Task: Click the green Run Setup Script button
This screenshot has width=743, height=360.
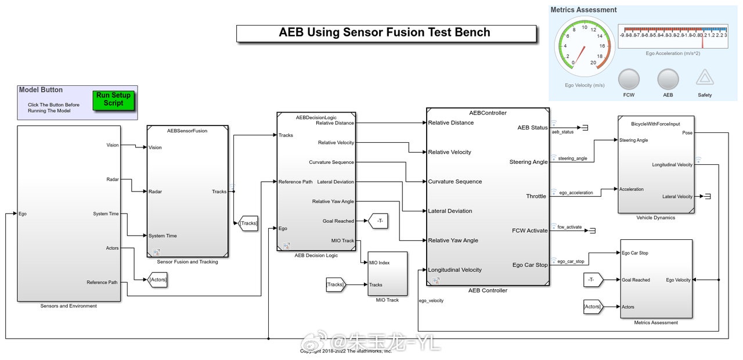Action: click(113, 99)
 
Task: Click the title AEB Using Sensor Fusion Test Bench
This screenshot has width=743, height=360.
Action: click(385, 33)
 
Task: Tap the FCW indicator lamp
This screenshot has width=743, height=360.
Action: click(629, 79)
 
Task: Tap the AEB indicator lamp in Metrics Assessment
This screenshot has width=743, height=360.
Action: click(668, 79)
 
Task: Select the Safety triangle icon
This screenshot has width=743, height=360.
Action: click(705, 78)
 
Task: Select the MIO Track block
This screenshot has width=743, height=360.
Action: click(387, 273)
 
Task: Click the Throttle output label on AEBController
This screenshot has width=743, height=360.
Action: click(536, 196)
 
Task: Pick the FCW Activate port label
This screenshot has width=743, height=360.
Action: click(529, 231)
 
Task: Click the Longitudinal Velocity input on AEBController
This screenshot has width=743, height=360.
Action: click(455, 270)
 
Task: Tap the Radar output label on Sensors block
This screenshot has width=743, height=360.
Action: click(112, 179)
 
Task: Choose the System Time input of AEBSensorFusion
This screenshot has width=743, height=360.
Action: click(163, 236)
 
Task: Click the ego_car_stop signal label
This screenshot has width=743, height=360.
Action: click(571, 261)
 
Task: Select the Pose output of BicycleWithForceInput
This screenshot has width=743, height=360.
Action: click(687, 133)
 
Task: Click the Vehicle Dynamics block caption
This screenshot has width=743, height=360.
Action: click(656, 218)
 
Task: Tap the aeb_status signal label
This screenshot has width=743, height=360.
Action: click(562, 132)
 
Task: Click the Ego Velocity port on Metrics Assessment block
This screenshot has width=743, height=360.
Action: click(678, 280)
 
